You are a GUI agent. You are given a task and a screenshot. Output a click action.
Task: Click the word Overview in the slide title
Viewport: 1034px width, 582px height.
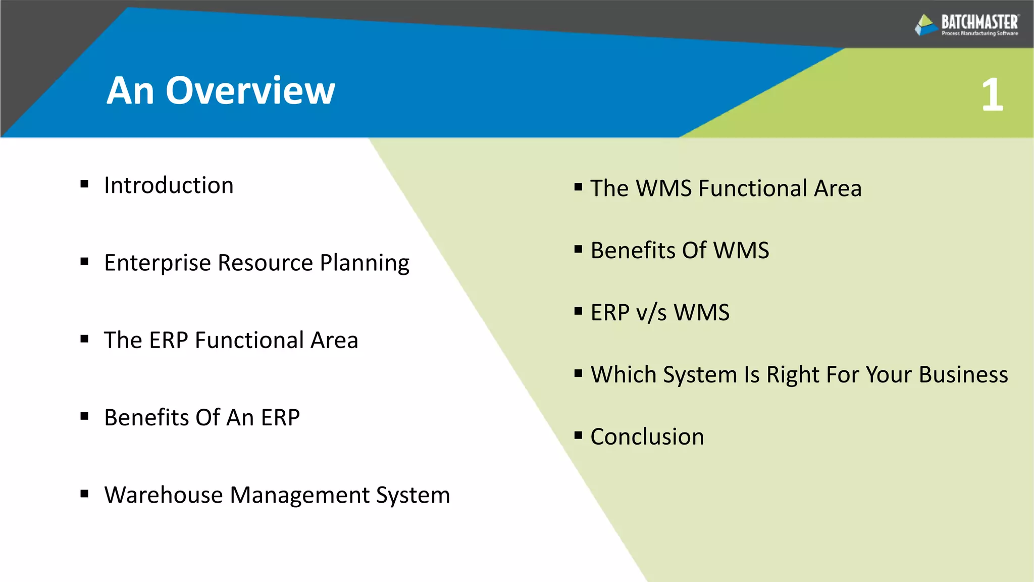[250, 91]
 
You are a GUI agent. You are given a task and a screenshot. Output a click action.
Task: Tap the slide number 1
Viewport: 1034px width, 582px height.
[992, 95]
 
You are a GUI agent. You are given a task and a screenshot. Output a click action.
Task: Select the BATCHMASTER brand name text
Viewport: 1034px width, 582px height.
[979, 22]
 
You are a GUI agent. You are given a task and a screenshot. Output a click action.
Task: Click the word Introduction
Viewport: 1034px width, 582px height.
[169, 185]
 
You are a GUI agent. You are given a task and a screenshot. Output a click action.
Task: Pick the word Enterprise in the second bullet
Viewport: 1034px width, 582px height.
[157, 263]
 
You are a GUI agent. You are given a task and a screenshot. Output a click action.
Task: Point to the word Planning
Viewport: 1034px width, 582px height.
[365, 263]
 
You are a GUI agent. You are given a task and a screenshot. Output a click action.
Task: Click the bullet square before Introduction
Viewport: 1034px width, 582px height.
[84, 184]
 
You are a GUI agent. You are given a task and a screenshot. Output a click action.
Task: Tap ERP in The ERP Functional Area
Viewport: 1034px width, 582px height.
[168, 340]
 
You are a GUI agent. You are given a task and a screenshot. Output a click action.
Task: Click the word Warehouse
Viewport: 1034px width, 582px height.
[163, 495]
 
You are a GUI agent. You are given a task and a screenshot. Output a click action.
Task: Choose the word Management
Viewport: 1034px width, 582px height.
[299, 495]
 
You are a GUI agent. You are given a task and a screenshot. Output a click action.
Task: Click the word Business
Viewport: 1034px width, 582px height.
[963, 375]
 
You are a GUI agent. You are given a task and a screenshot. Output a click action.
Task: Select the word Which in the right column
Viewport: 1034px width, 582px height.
[623, 375]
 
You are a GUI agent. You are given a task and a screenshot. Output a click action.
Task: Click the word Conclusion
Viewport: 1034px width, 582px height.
[647, 437]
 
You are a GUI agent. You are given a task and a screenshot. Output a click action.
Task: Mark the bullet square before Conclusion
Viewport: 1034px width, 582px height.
[579, 435]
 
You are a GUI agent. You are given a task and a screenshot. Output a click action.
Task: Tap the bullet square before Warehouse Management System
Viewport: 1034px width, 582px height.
[84, 494]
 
